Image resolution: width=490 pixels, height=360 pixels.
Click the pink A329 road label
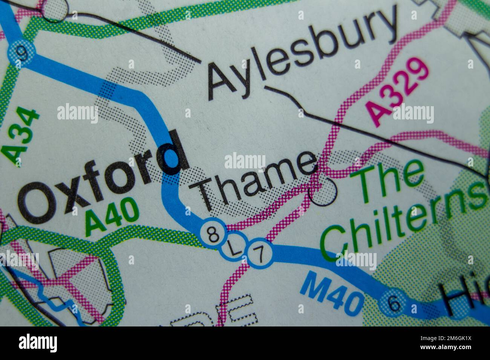coord(400,92)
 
